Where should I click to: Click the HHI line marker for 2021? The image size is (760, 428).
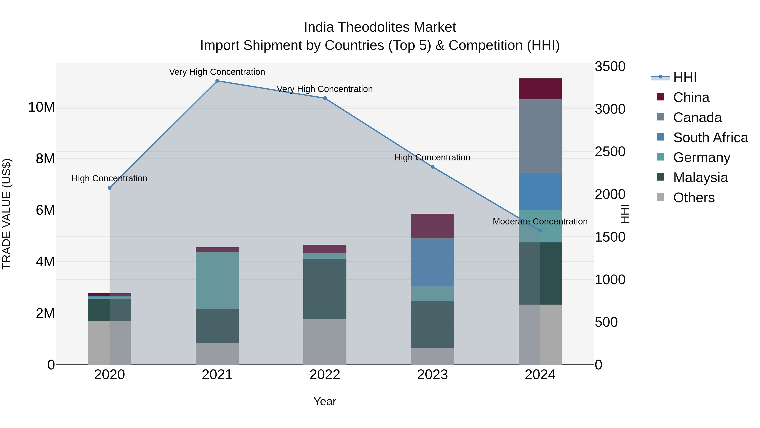click(x=217, y=81)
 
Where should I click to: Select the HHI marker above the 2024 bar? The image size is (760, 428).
click(x=540, y=230)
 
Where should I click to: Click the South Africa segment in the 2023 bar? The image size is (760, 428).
click(x=433, y=262)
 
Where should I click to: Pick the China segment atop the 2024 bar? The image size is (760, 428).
click(x=540, y=89)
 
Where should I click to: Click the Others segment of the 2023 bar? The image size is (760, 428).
click(x=433, y=356)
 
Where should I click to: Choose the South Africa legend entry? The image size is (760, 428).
click(x=710, y=138)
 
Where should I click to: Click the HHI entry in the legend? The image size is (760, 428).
click(x=684, y=77)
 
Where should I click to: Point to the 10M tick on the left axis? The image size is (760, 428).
click(x=41, y=107)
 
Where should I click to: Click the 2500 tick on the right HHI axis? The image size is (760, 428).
click(x=609, y=152)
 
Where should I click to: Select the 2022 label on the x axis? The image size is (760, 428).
click(x=325, y=375)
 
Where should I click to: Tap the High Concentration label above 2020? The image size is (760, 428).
click(x=109, y=178)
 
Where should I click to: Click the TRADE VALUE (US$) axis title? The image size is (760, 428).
click(x=7, y=214)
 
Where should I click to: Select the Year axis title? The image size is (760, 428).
click(x=325, y=401)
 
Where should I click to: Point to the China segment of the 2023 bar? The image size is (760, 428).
click(x=433, y=226)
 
